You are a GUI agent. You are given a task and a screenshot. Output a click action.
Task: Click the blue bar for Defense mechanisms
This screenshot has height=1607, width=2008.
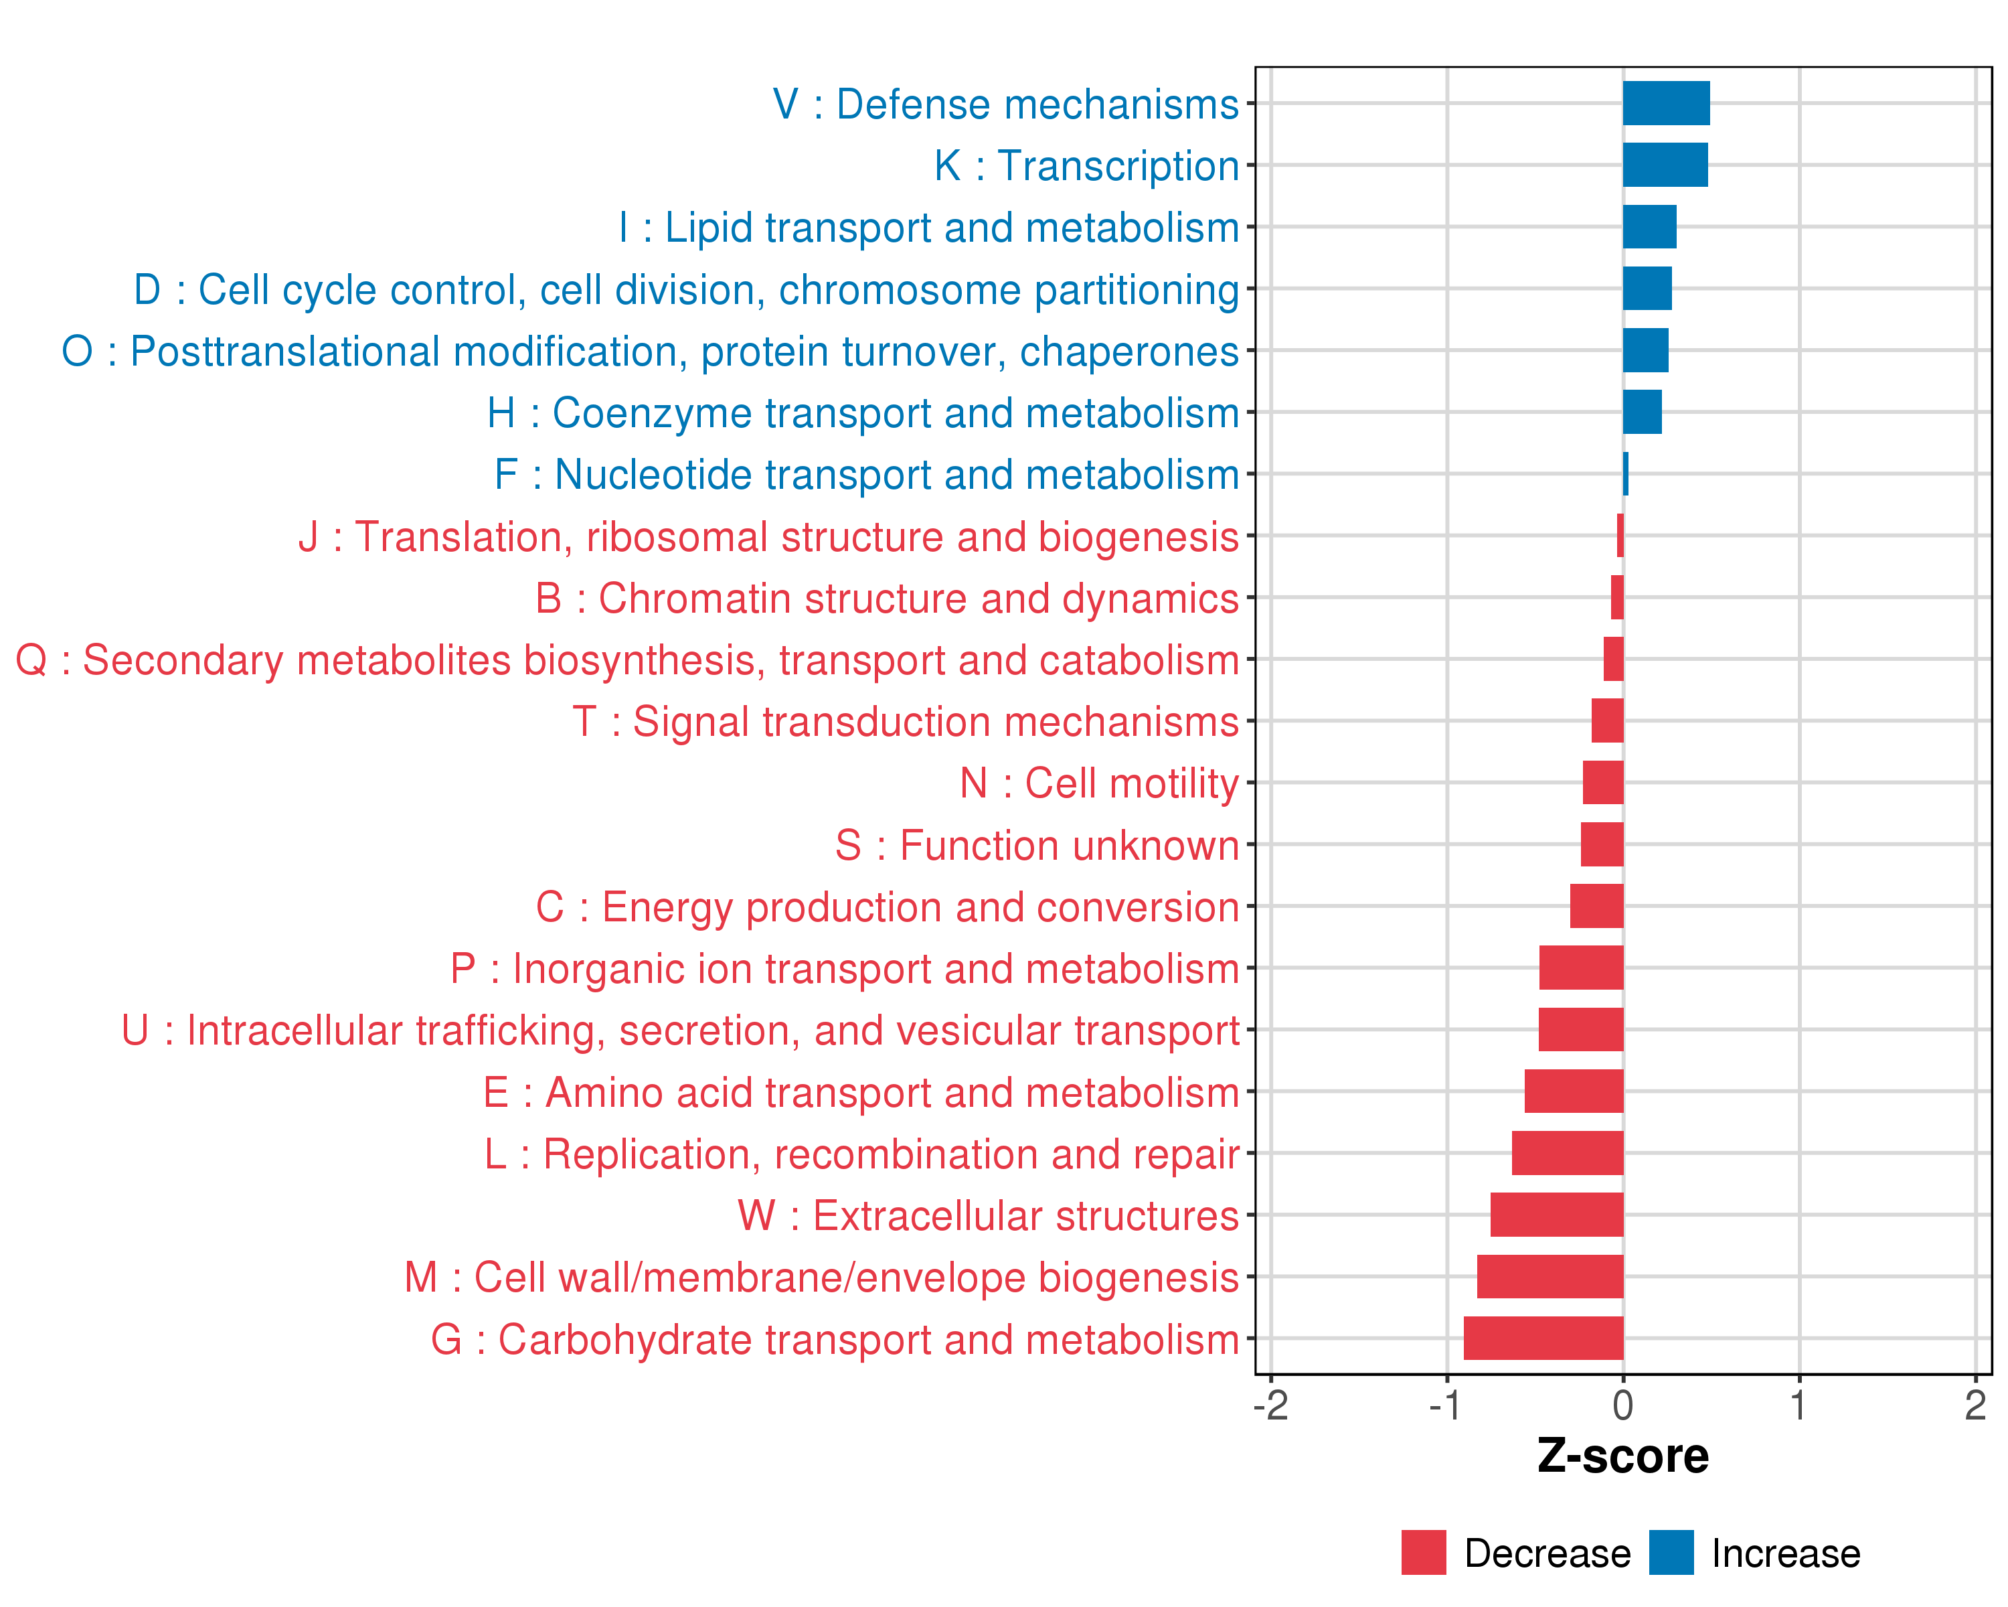1665,103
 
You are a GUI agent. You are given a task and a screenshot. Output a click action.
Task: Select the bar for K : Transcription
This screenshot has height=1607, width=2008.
1665,165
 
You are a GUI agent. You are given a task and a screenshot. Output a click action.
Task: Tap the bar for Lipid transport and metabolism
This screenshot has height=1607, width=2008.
1649,227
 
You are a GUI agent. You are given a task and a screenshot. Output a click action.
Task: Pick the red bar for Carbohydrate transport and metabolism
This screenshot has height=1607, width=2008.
1543,1338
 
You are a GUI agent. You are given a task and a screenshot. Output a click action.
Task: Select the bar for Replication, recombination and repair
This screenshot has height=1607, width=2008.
1568,1153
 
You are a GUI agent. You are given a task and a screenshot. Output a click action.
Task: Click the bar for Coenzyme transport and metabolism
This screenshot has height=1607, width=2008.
1642,412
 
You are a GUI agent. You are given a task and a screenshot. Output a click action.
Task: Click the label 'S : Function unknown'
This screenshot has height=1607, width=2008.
1037,846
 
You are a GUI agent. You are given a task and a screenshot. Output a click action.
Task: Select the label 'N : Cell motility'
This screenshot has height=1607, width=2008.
1099,783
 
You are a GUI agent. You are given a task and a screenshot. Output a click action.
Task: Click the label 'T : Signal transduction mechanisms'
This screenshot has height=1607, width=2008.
906,722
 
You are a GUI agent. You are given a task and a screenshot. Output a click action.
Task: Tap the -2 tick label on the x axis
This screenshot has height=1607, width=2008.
1270,1405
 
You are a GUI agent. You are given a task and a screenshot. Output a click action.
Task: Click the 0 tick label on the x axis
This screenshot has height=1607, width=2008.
1623,1405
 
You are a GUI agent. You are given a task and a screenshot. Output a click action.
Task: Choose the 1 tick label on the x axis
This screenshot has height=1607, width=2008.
1799,1405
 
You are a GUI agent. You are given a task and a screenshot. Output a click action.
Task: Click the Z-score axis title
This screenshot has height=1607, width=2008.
1623,1456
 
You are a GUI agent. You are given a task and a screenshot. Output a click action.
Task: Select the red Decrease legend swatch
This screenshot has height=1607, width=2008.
1423,1553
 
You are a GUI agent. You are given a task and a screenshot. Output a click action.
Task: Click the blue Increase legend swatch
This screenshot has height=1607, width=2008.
1671,1553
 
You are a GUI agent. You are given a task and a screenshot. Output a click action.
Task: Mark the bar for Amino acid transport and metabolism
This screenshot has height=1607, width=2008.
1574,1091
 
